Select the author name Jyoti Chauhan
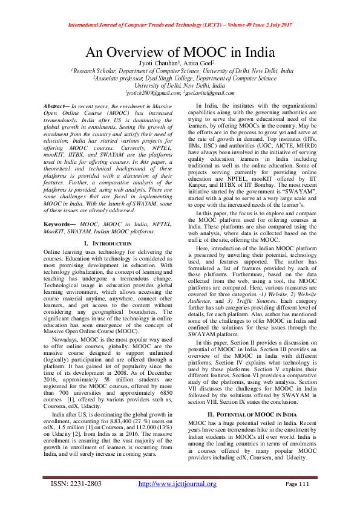tap(156, 63)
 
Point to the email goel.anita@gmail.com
tap(210, 92)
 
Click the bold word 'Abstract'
tap(57, 106)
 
